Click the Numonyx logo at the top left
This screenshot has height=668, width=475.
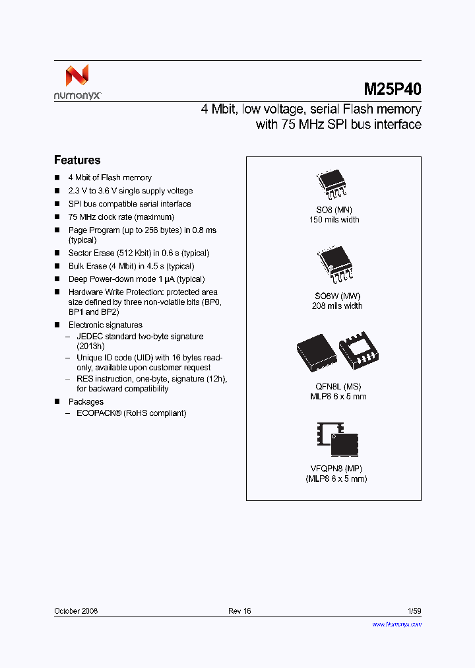(77, 82)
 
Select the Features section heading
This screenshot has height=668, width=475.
(77, 160)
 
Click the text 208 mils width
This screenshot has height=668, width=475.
(336, 306)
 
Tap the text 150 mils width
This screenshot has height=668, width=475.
(334, 220)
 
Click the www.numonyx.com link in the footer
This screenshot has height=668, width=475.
(396, 624)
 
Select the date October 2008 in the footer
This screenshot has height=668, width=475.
(76, 611)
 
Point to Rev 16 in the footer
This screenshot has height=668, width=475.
(239, 611)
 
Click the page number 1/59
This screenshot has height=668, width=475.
(414, 611)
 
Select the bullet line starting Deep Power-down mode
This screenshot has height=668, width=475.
(137, 279)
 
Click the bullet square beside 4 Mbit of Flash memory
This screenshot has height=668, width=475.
(57, 178)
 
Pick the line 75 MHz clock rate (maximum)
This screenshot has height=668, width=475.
(121, 217)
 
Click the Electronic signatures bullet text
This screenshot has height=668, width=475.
(106, 325)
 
